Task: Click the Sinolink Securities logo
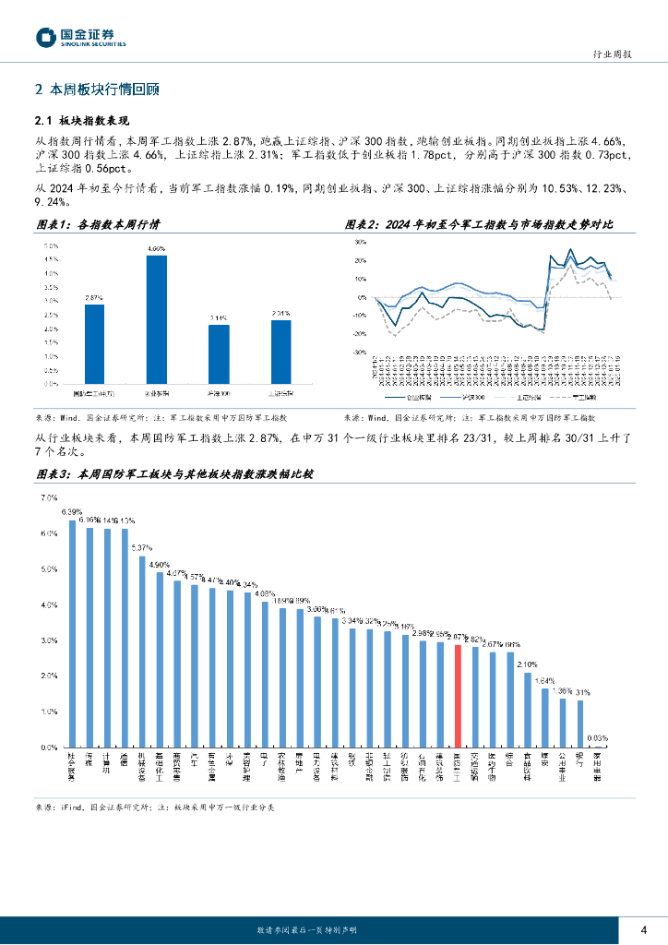point(81,37)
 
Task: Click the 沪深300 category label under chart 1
point(219,392)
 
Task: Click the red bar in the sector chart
point(458,695)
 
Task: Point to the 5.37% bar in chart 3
point(142,651)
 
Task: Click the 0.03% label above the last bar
point(597,738)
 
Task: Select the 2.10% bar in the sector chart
point(528,709)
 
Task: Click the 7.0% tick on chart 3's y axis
point(48,497)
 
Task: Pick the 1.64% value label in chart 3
point(546,680)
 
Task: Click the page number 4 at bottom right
point(643,929)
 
